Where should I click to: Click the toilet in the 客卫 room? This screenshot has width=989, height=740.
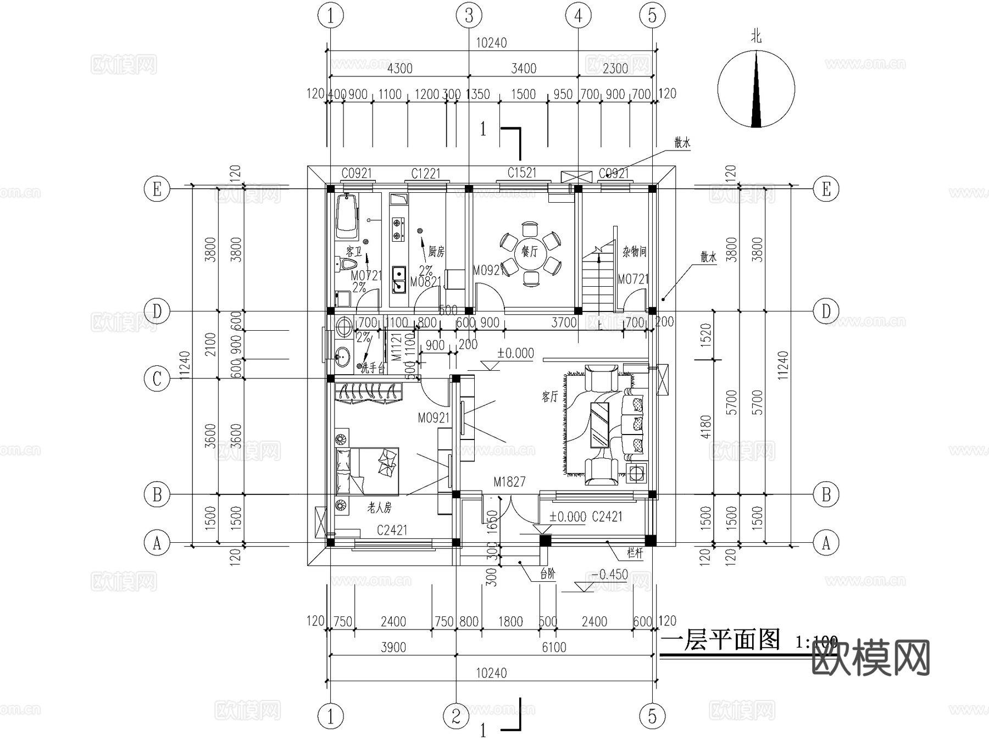(345, 265)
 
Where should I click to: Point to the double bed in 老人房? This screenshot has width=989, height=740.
(367, 471)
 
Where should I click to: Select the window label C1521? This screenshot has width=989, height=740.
(521, 173)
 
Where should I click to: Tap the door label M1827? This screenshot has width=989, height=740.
(509, 482)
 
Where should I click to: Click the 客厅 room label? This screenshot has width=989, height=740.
(549, 396)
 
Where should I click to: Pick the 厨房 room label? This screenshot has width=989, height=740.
(436, 252)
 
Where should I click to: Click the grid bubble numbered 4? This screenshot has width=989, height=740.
(578, 16)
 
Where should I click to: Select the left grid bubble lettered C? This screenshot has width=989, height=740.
(157, 379)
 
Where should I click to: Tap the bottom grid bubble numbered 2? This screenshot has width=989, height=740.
(456, 716)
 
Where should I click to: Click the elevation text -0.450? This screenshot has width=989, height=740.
(610, 574)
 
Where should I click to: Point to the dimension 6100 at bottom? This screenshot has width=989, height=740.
(554, 648)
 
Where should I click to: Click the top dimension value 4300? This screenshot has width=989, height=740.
(399, 69)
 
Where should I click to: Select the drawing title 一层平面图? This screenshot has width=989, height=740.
(720, 640)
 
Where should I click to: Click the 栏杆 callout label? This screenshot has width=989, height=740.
(635, 553)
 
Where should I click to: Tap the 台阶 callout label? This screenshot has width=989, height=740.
(547, 574)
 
